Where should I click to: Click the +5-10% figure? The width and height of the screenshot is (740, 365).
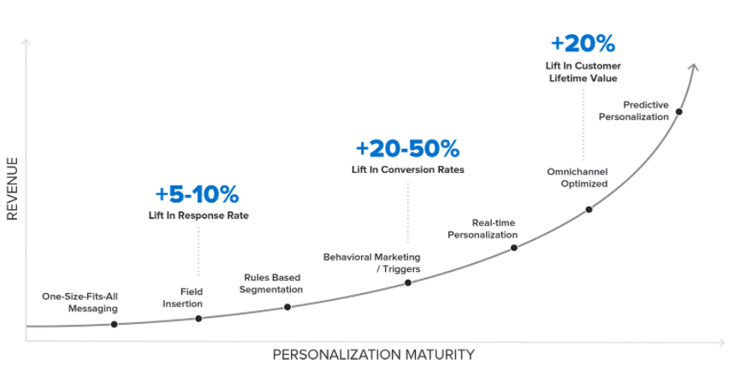[x=197, y=193]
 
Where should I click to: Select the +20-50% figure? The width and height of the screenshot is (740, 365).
[x=407, y=148]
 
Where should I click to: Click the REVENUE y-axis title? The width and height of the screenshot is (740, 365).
[x=13, y=188]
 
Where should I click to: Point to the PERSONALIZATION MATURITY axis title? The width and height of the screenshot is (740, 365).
[x=373, y=354]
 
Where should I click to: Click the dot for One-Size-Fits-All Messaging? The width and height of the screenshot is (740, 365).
[x=114, y=324]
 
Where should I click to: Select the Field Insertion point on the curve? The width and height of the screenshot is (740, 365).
[x=198, y=318]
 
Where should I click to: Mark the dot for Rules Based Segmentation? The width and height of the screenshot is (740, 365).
[x=287, y=306]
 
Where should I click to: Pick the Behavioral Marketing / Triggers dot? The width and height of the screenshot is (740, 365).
[x=407, y=282]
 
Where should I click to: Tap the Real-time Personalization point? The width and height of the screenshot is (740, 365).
[x=514, y=248]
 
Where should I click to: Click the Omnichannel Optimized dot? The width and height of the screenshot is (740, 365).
[x=589, y=209]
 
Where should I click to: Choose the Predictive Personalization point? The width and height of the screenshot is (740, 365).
[x=678, y=111]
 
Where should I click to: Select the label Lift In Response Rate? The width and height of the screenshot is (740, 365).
[x=198, y=215]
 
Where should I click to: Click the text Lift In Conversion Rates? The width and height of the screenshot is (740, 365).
[x=407, y=169]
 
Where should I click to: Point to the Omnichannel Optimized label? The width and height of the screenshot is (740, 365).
[x=577, y=178]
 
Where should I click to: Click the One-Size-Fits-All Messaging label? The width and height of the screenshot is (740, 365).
[x=80, y=303]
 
